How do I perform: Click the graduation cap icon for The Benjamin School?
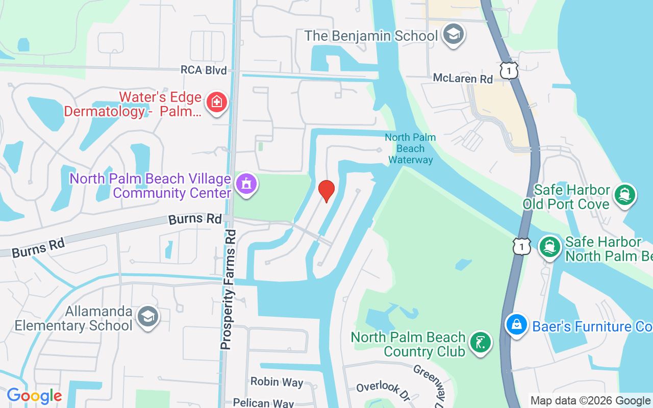coord(453,35)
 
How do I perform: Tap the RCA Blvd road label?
coord(204,70)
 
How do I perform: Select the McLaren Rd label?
coord(463,79)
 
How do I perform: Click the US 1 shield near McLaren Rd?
coord(509,70)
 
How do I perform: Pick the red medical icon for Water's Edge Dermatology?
coord(217,101)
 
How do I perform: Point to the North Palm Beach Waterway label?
coord(410,148)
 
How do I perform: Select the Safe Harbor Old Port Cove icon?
coord(625,194)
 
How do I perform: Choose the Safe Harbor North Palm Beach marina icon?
coord(550,247)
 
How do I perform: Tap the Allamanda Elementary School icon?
coord(148,317)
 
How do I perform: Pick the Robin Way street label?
coord(277,382)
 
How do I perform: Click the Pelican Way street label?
coord(263,402)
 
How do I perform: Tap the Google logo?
coord(34,396)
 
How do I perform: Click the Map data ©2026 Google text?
coord(591,401)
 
